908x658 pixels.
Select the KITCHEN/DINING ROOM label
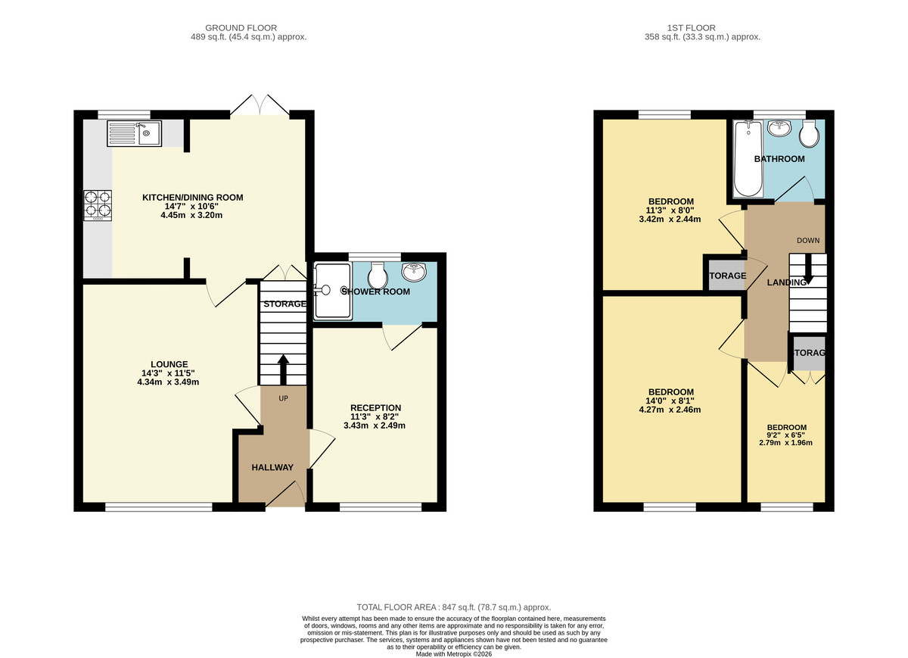pos(193,198)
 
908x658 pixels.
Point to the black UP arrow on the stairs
pos(283,370)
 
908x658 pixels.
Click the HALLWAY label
pos(272,467)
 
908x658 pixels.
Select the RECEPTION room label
pos(375,408)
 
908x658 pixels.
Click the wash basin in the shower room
pos(414,270)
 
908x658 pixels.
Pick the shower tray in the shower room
pos(331,290)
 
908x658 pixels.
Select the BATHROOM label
pos(779,159)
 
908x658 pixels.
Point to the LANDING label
pos(786,282)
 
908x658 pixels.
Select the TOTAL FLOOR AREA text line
pos(454,607)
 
